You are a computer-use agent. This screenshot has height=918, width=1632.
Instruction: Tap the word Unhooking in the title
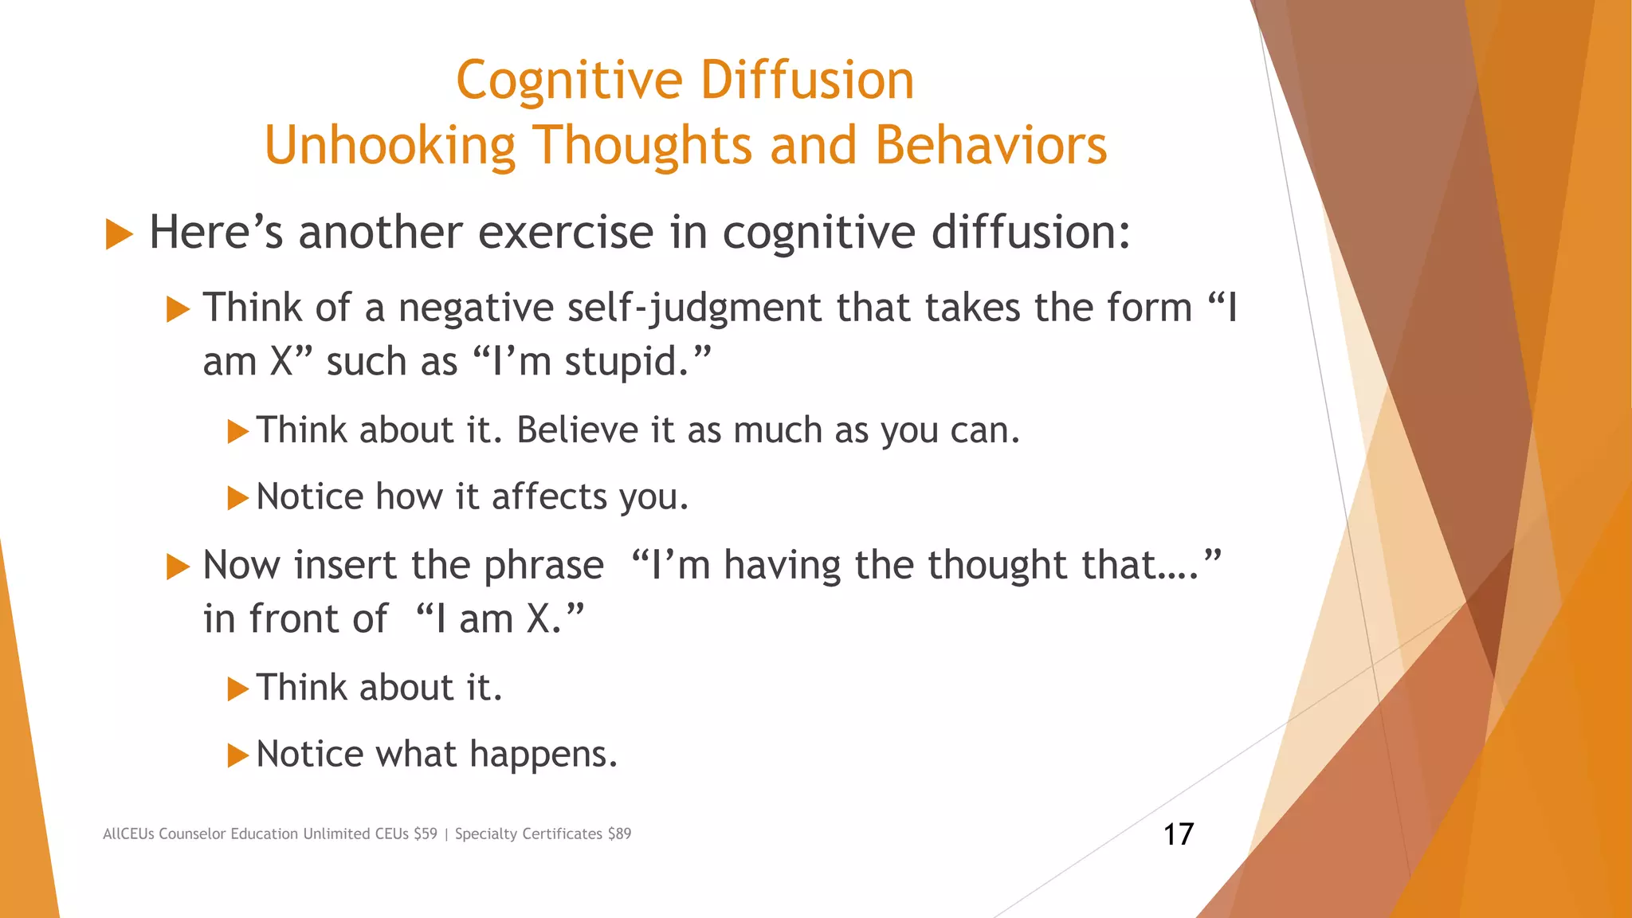390,146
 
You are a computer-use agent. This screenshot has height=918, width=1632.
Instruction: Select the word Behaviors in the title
991,146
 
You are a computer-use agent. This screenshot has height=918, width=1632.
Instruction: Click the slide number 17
1178,834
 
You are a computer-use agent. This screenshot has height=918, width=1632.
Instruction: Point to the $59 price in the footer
426,834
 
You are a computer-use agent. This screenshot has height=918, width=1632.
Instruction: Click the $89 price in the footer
619,834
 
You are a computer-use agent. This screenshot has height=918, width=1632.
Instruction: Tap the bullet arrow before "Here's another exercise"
119,234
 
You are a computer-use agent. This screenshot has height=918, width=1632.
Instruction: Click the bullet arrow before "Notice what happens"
237,755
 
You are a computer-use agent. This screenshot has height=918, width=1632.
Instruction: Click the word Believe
577,430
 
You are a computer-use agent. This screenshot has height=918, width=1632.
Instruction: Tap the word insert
345,565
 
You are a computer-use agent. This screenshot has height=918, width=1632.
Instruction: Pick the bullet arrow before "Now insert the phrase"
178,567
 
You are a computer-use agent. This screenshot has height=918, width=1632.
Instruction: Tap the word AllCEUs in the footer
128,834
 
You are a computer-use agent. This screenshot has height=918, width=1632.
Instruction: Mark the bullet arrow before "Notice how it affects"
237,498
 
